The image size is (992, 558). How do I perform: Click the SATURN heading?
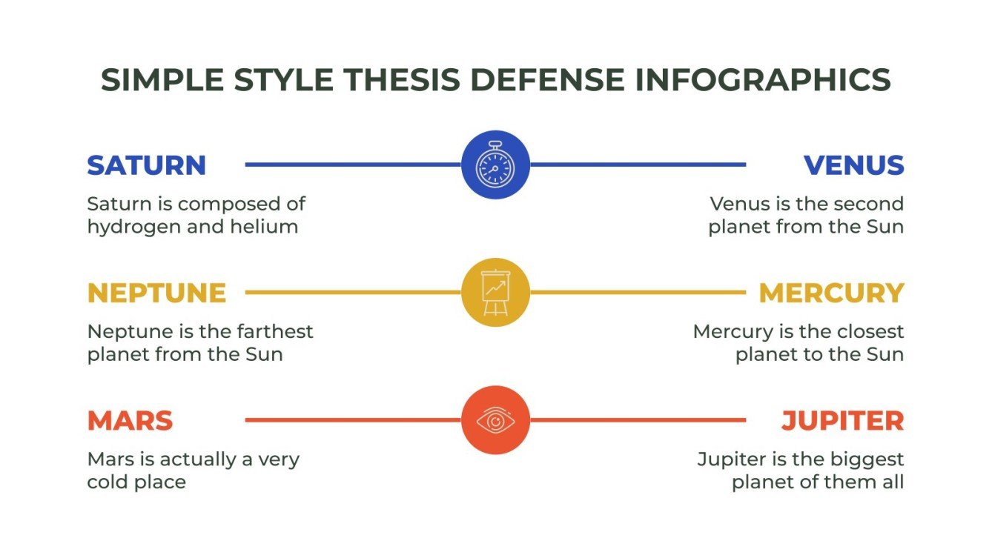click(146, 165)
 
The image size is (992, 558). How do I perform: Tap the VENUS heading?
click(853, 165)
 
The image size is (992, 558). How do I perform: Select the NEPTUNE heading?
click(156, 293)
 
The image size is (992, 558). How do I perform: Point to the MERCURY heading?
click(831, 293)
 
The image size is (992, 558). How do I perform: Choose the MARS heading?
click(130, 421)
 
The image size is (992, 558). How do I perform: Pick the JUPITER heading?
click(842, 421)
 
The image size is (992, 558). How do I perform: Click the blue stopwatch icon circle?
click(495, 165)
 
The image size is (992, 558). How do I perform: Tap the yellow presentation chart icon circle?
click(495, 293)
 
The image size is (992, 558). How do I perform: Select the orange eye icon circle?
click(495, 420)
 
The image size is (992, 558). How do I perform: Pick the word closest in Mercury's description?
click(870, 331)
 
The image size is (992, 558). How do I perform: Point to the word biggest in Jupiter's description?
click(870, 459)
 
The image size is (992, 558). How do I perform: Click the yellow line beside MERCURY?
click(638, 293)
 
